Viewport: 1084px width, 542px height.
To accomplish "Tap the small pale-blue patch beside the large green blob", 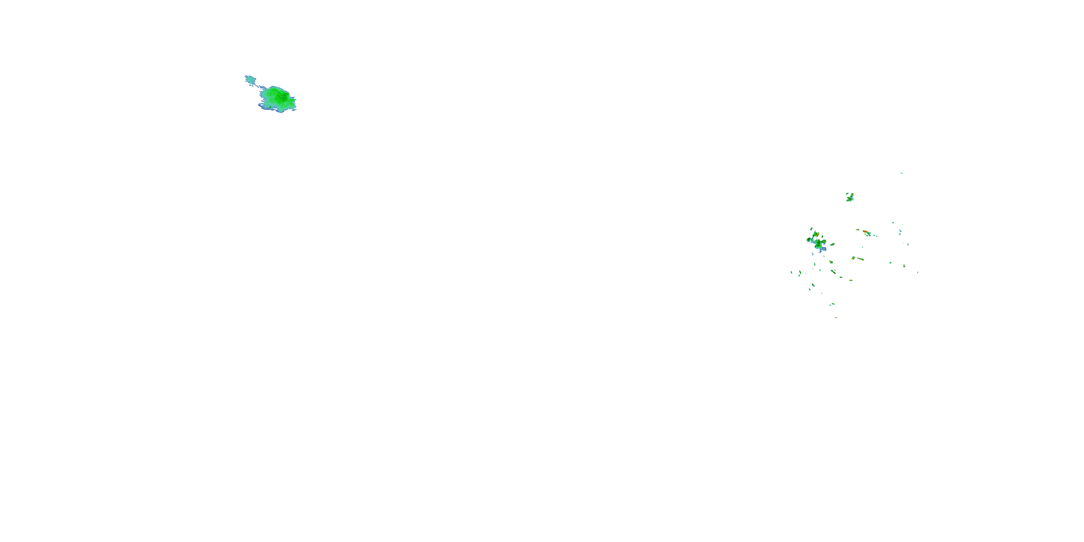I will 250,79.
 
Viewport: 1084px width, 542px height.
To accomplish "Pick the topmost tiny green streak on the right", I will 902,173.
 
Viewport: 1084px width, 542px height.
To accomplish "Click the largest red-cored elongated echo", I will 866,232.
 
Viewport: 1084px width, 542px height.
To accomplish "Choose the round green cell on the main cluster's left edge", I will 809,240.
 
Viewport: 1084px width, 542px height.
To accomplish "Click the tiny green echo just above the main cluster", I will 811,229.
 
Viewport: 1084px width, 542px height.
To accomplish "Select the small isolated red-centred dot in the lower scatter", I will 851,280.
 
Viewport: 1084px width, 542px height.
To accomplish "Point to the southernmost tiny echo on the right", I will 836,318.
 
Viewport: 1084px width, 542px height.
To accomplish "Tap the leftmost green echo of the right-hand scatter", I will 792,272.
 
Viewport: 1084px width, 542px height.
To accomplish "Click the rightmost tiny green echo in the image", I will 918,272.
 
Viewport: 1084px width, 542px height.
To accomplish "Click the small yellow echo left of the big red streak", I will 857,230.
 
